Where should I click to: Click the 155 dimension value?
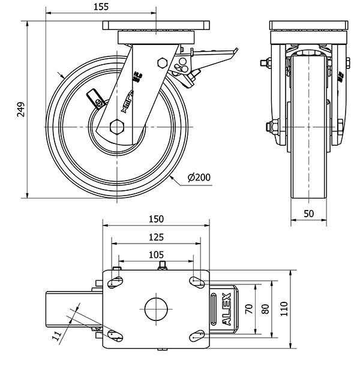tap(101, 7)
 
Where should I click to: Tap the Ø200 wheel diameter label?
tap(199, 178)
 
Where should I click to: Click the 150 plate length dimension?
tap(157, 220)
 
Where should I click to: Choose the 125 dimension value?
tap(157, 238)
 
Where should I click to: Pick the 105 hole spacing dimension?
tap(157, 254)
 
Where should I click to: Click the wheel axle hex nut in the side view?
tap(117, 127)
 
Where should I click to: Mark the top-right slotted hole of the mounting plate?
tap(196, 281)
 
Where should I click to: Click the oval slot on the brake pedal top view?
tap(215, 308)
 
